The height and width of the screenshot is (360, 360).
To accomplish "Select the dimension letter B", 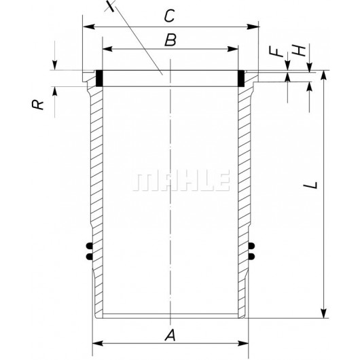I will pyautogui.click(x=170, y=39).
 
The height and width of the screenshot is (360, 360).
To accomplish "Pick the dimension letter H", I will pyautogui.click(x=296, y=51).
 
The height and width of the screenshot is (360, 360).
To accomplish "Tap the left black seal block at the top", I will pyautogui.click(x=99, y=78).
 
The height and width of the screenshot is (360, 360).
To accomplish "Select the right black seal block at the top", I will pyautogui.click(x=242, y=78).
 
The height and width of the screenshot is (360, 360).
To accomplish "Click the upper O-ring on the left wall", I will pyautogui.click(x=88, y=245).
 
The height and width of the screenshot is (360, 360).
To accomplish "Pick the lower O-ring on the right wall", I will pyautogui.click(x=253, y=255).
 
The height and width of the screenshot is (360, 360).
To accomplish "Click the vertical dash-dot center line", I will pyautogui.click(x=170, y=204).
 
